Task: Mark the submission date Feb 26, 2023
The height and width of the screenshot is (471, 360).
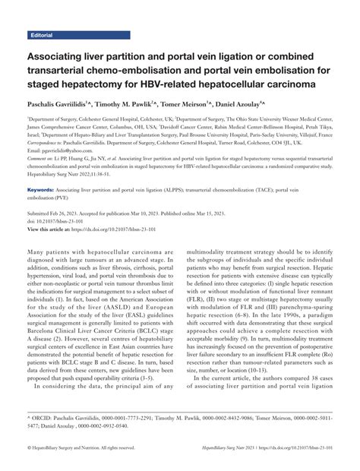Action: (70, 214)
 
